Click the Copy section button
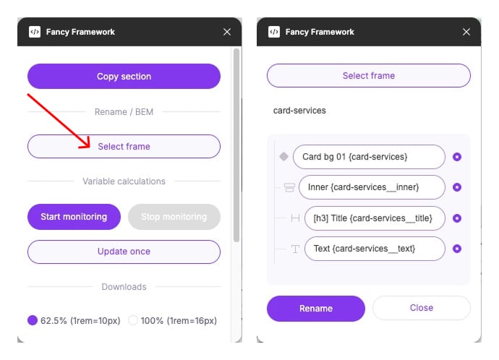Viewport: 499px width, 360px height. point(124,77)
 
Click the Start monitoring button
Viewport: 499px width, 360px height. point(74,217)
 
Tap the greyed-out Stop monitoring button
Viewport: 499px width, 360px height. point(174,217)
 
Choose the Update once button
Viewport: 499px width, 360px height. point(124,252)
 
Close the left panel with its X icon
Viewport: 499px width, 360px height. point(227,32)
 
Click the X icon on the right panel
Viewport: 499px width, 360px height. point(466,32)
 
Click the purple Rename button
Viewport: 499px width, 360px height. point(315,308)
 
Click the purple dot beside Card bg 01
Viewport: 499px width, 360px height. point(457,157)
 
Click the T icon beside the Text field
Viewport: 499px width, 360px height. point(295,249)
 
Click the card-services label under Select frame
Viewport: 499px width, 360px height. point(299,111)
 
